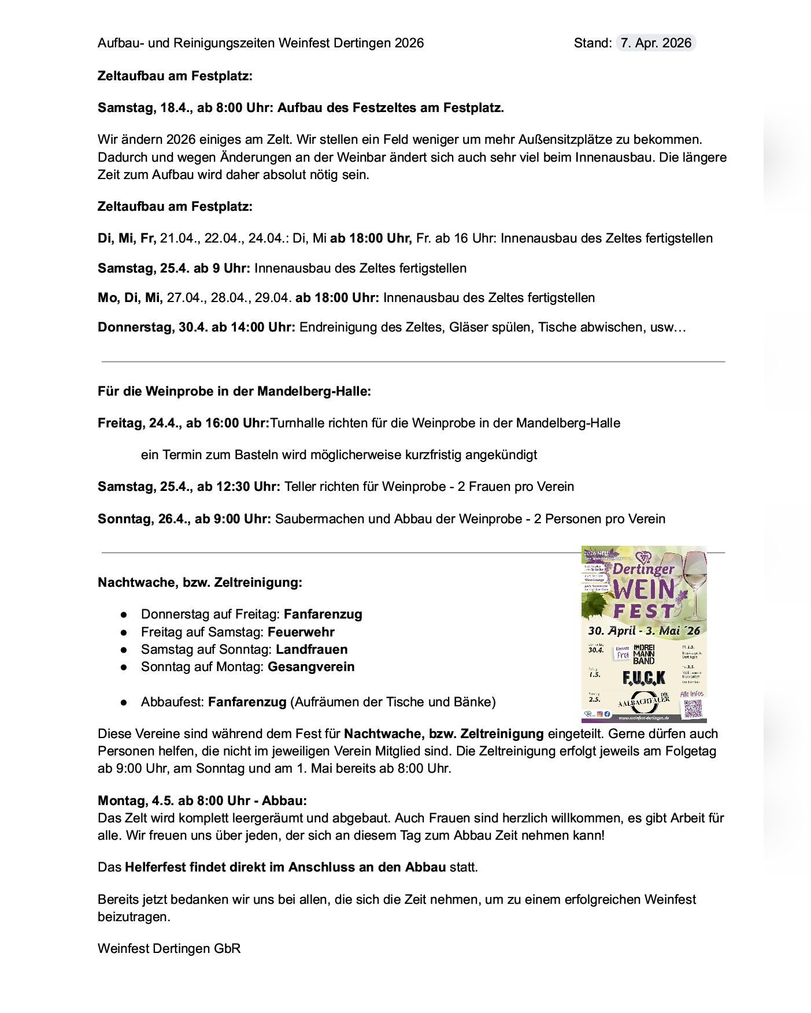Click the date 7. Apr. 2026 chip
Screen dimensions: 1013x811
(x=656, y=43)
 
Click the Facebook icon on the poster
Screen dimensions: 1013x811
(x=607, y=714)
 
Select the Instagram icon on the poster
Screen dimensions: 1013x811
(x=600, y=714)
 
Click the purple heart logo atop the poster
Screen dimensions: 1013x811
(x=642, y=557)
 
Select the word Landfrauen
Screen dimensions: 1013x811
(x=312, y=649)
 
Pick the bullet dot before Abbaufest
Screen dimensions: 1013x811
(x=124, y=702)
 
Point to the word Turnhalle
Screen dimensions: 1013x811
(x=297, y=423)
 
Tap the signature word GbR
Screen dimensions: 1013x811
(x=227, y=948)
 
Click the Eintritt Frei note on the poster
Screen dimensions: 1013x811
(x=622, y=653)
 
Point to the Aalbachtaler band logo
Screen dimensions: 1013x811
(x=643, y=701)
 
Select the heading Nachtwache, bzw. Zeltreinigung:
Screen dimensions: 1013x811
(x=200, y=582)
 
